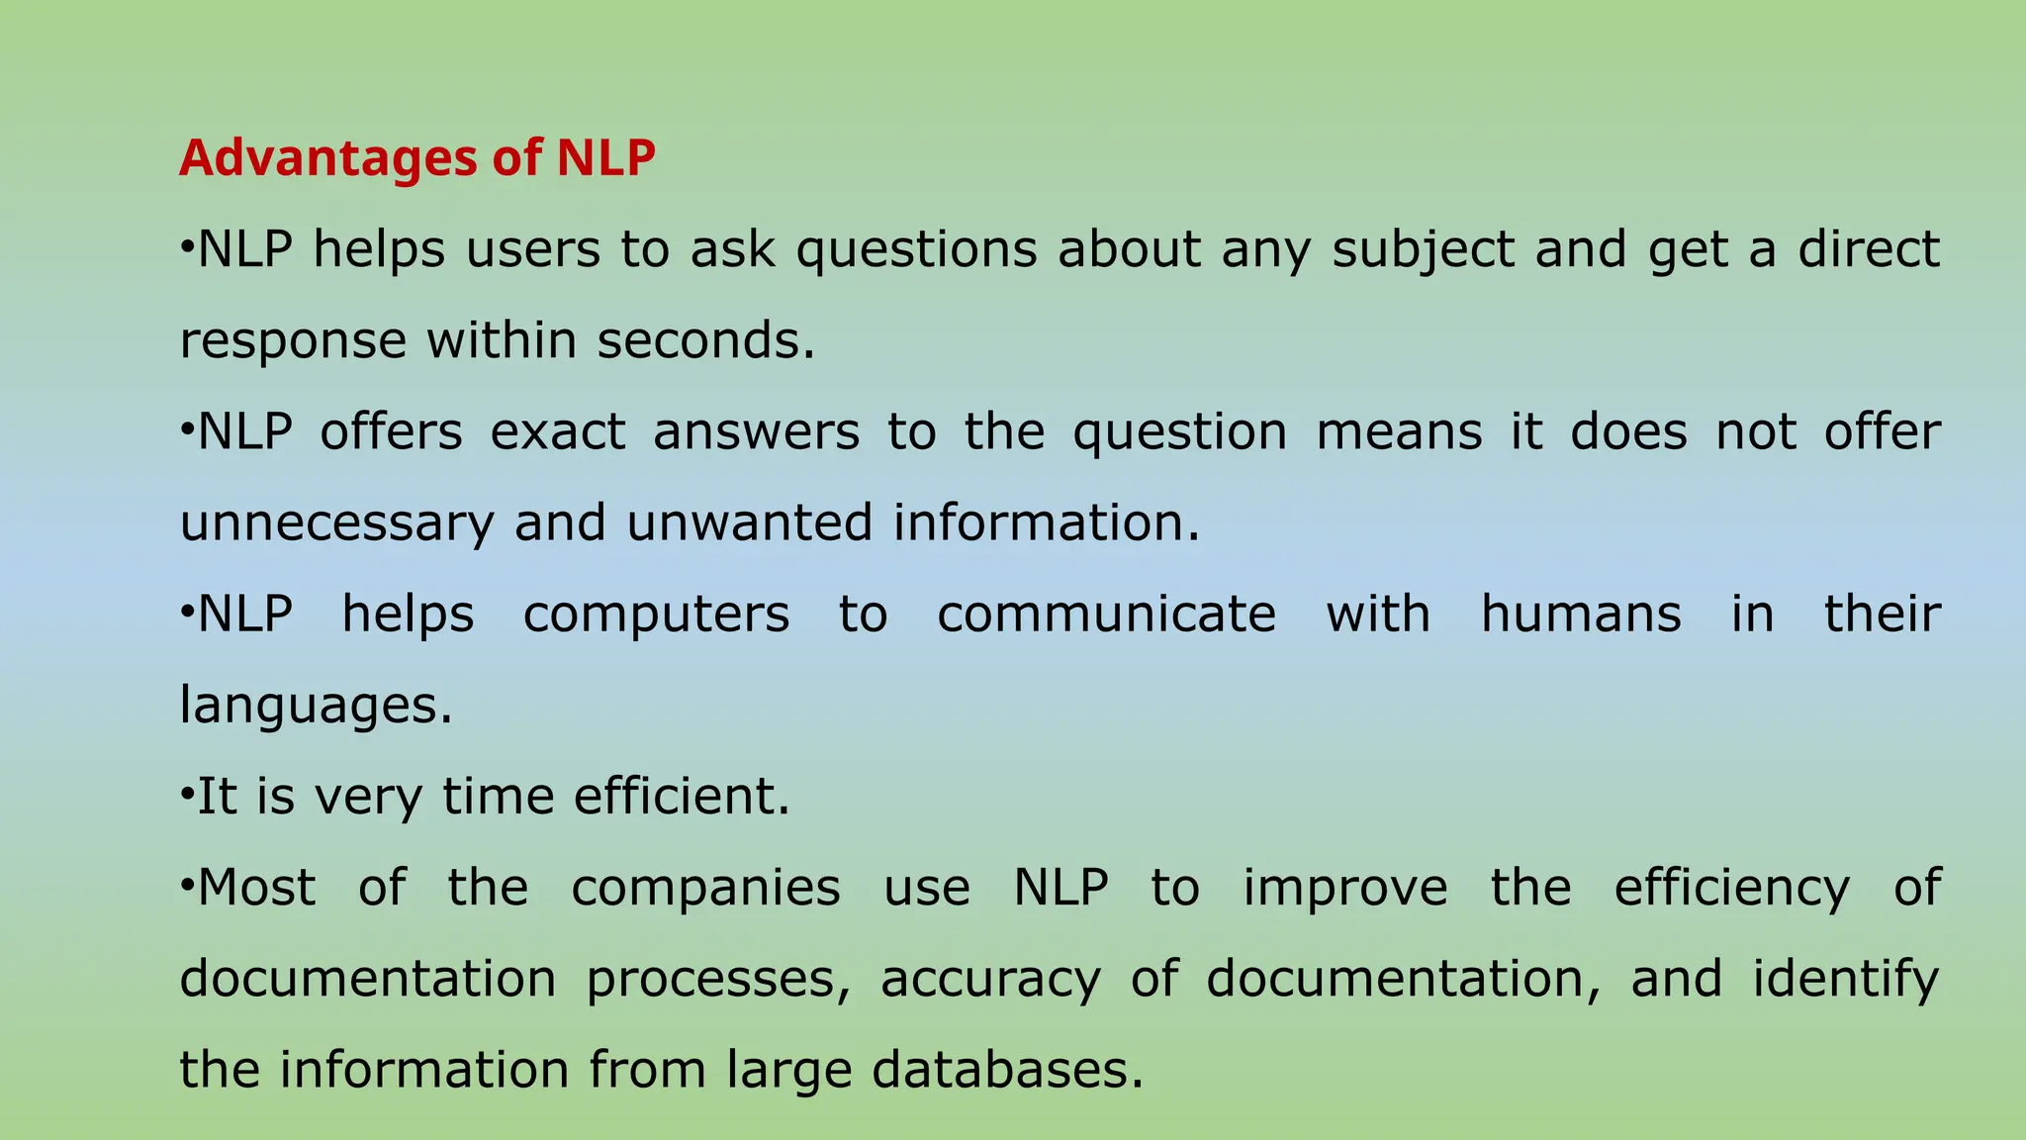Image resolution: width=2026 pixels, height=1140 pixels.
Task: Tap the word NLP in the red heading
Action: (x=605, y=158)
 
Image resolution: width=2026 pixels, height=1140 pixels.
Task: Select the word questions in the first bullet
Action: (x=917, y=249)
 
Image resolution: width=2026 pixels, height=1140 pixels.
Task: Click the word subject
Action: (x=1424, y=249)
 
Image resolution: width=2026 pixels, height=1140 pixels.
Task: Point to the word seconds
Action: (x=705, y=340)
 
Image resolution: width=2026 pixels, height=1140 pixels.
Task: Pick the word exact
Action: (x=558, y=432)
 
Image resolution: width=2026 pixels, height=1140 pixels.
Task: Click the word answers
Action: (x=757, y=432)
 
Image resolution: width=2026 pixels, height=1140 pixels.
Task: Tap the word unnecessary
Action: (x=336, y=523)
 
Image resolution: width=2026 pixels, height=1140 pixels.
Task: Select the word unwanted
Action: (x=749, y=523)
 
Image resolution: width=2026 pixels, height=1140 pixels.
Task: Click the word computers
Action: (x=657, y=615)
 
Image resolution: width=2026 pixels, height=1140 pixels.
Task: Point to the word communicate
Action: (x=1107, y=615)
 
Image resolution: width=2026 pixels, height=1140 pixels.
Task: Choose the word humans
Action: (x=1581, y=615)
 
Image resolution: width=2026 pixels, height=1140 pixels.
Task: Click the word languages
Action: (x=316, y=707)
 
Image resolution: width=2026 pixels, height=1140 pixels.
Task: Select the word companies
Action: (x=705, y=888)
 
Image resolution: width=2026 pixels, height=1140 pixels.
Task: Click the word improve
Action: (x=1345, y=888)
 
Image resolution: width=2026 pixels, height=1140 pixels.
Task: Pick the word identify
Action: (x=1846, y=980)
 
